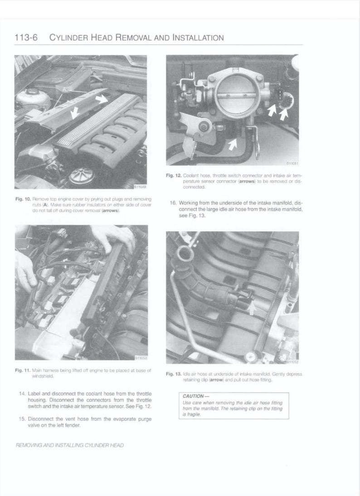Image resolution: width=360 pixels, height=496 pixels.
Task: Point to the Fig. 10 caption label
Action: (x=22, y=199)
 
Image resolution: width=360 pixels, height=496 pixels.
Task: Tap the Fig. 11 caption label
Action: (x=22, y=371)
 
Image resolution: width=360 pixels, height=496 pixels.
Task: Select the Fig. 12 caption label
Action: (x=174, y=175)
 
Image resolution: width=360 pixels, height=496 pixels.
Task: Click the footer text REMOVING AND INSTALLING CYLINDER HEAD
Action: (x=69, y=445)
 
